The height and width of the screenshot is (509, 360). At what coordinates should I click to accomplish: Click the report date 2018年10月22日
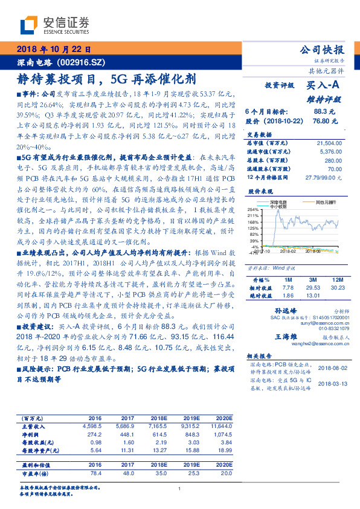tap(53, 50)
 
